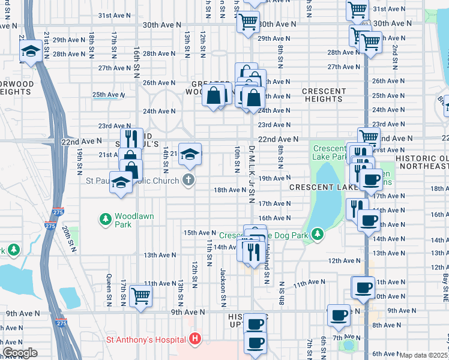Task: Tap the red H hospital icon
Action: [194, 340]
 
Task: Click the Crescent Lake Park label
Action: [329, 153]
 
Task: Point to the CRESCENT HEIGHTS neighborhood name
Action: [324, 95]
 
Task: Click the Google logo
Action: [19, 353]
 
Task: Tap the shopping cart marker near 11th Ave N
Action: [140, 295]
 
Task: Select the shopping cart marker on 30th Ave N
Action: [247, 22]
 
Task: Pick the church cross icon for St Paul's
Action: [188, 179]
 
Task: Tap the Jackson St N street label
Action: [223, 284]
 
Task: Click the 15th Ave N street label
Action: [199, 233]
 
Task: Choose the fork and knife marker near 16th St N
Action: [131, 139]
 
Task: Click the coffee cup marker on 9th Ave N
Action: [339, 314]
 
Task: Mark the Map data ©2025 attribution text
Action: [423, 355]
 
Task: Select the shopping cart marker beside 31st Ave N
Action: [357, 10]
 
